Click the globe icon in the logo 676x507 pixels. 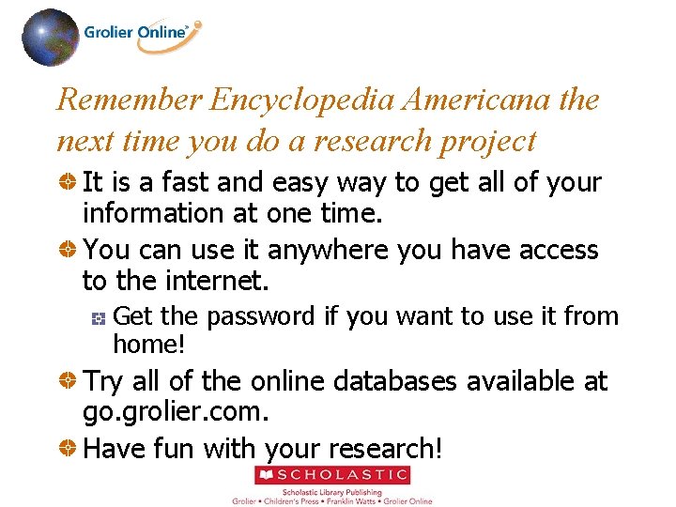[x=50, y=38]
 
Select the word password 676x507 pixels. [x=261, y=317]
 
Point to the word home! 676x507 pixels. [x=149, y=345]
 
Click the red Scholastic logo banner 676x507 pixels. [x=333, y=476]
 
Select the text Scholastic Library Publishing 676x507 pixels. [x=333, y=491]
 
